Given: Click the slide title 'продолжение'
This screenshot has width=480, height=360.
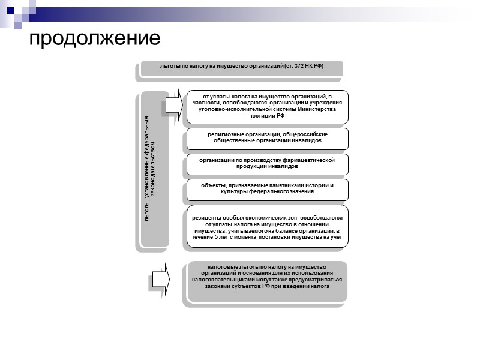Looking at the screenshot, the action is coord(95,38).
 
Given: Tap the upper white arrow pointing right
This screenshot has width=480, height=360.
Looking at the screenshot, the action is coord(175,104).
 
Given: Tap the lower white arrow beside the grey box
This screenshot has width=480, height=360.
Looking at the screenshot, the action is coord(161,279).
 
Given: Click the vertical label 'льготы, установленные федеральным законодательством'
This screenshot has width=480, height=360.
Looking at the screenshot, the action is coord(149,170).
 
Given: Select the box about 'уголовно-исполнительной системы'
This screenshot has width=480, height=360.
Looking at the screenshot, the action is coord(266,106).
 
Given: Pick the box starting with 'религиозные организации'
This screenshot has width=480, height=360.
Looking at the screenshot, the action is coord(266,139).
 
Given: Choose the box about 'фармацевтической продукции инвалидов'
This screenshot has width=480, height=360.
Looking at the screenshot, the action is coord(266,164).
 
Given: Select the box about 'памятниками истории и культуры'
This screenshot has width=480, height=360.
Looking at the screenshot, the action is coord(266,189).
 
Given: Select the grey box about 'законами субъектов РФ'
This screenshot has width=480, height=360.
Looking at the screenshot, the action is coord(266,283).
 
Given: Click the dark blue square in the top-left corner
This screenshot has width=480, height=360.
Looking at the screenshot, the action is coord(10,10).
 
